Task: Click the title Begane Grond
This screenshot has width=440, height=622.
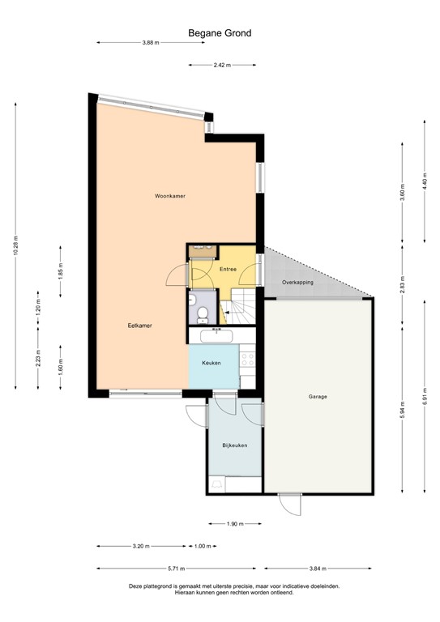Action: (220, 33)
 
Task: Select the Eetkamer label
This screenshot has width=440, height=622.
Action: (139, 326)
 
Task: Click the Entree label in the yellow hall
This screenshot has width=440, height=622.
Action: (227, 268)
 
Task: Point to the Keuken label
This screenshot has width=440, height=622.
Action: (211, 363)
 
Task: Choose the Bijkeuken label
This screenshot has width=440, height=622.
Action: (234, 445)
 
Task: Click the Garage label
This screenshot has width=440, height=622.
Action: (318, 397)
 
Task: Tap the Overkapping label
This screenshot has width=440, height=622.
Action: (297, 282)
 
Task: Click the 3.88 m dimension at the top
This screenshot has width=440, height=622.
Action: (149, 42)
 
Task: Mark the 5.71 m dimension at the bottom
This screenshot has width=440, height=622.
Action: (176, 569)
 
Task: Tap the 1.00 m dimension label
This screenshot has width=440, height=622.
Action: (203, 547)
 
